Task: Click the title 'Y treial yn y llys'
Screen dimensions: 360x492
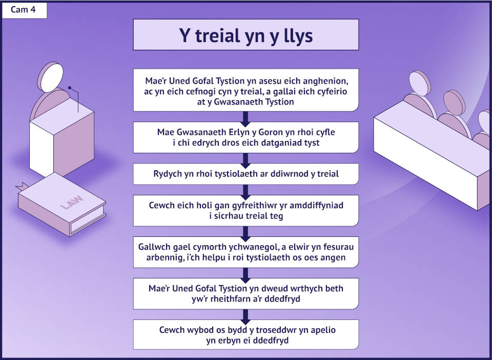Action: pos(245,35)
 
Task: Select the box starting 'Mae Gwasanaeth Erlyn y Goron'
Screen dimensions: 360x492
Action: pos(245,137)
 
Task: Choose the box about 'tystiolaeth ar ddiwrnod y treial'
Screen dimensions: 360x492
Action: pos(245,174)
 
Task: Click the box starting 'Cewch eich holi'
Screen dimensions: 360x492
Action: pos(245,210)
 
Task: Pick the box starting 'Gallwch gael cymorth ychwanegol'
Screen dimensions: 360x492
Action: pos(245,252)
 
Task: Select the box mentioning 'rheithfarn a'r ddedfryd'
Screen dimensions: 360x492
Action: pos(245,293)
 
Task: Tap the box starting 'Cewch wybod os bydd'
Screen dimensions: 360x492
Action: pos(245,335)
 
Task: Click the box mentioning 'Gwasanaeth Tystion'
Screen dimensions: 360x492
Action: pos(245,89)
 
